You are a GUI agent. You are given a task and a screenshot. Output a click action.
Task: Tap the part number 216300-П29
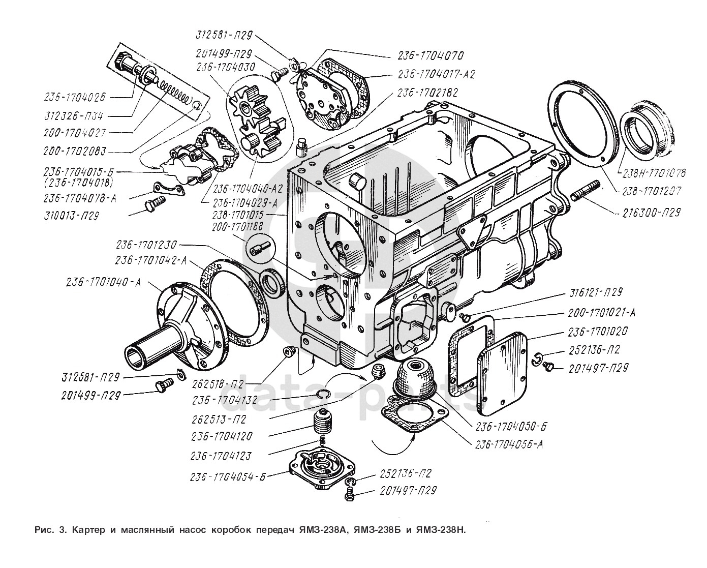pyautogui.click(x=651, y=213)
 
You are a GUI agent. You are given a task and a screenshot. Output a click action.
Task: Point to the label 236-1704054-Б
pyautogui.click(x=228, y=477)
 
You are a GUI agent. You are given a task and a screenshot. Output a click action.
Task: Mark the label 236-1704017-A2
pyautogui.click(x=436, y=74)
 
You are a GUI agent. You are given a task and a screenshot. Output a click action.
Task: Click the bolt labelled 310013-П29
pyautogui.click(x=152, y=205)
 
